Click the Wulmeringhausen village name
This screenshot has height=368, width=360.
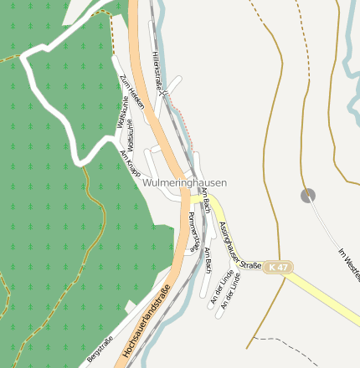point(184,181)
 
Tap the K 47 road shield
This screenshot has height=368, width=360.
point(278,267)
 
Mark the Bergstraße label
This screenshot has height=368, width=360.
point(100,350)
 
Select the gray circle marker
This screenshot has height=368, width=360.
point(308,195)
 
